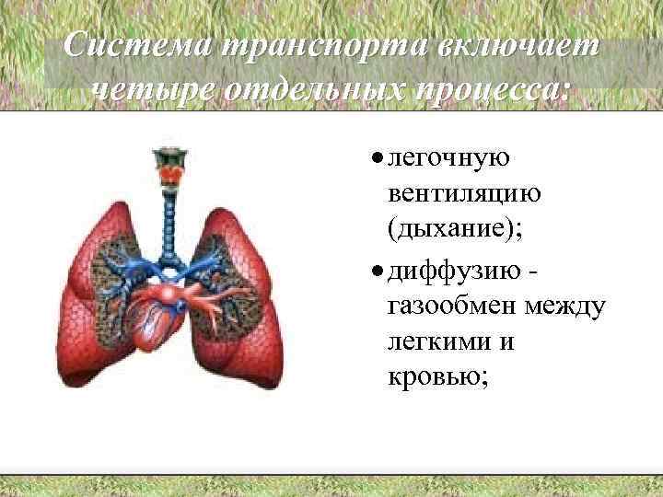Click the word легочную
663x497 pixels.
[x=448, y=159]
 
